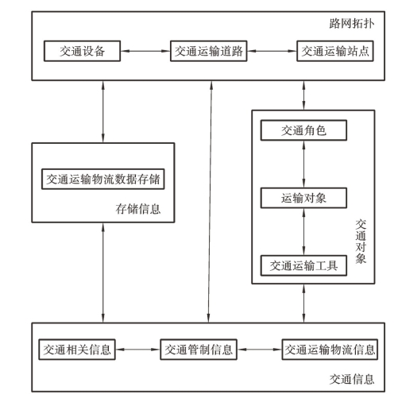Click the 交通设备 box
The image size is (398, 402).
(x=82, y=51)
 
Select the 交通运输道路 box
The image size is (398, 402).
(x=209, y=51)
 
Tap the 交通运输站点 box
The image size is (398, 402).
(x=335, y=51)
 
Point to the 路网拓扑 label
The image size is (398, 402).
(x=352, y=23)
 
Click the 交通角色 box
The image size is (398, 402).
(x=303, y=130)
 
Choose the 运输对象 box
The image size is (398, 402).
(x=303, y=198)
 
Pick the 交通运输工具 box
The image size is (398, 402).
(x=303, y=265)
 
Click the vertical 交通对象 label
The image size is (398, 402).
(x=361, y=242)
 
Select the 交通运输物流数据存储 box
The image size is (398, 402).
(x=103, y=179)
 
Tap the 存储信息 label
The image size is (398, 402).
(x=138, y=209)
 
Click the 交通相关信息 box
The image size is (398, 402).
(x=77, y=350)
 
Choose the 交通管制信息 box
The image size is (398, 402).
(x=199, y=350)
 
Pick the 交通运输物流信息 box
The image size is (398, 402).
(x=330, y=350)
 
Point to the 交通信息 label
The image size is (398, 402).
(x=352, y=379)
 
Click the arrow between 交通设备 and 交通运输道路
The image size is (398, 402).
(x=145, y=51)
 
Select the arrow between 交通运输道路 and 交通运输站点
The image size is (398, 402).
(x=272, y=51)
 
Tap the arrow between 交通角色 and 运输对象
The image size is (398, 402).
(x=303, y=164)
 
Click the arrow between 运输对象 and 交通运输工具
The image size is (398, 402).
(x=303, y=232)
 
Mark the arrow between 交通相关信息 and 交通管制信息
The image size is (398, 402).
(x=137, y=350)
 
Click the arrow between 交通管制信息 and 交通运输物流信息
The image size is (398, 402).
(x=260, y=350)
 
